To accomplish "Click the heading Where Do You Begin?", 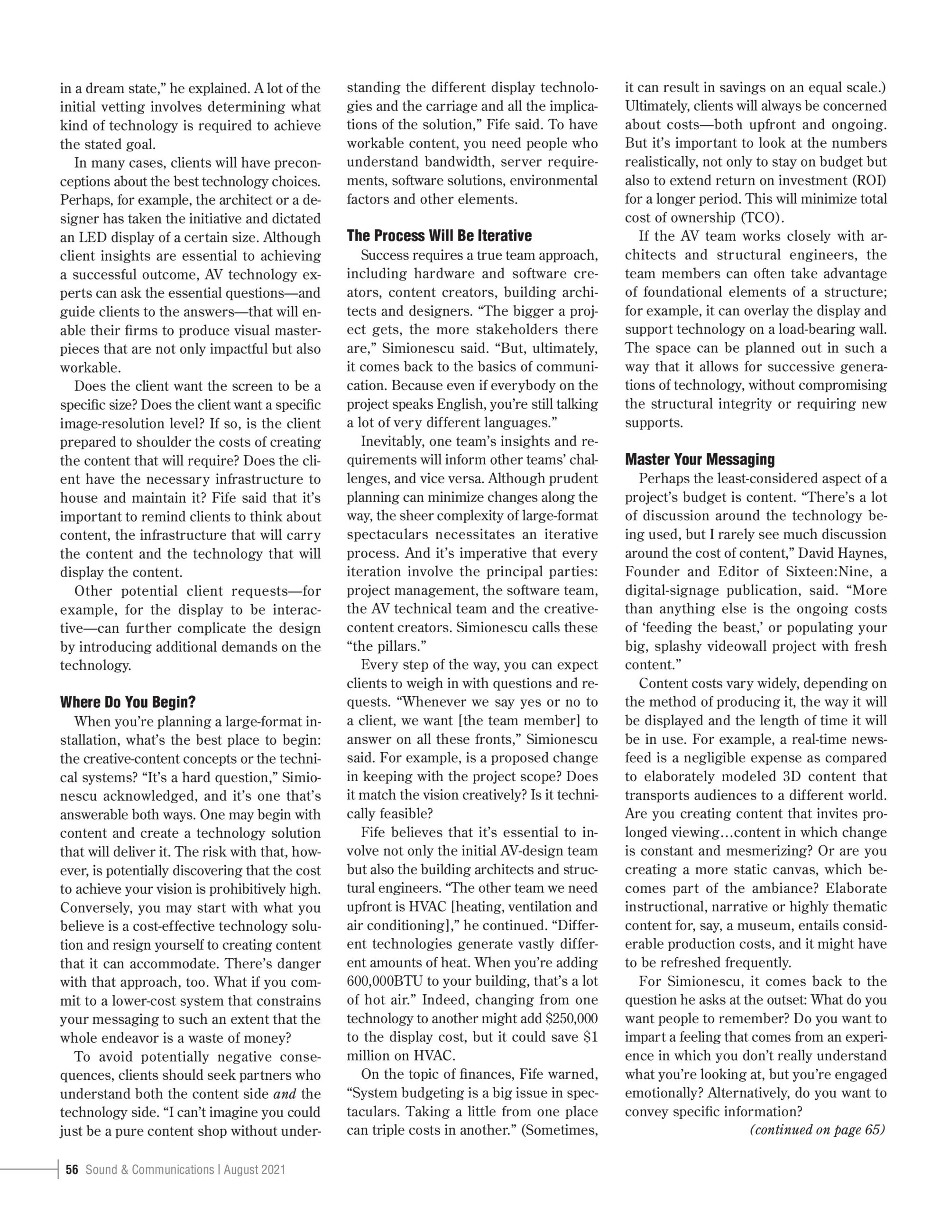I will pos(128,702).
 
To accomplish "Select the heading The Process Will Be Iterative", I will pos(439,236).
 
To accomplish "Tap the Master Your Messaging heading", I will pos(700,459).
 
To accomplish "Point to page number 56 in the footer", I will pos(72,1169).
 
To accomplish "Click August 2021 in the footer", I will pos(255,1169).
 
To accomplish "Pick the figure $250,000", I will pos(571,1019).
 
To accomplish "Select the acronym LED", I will pos(93,238).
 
